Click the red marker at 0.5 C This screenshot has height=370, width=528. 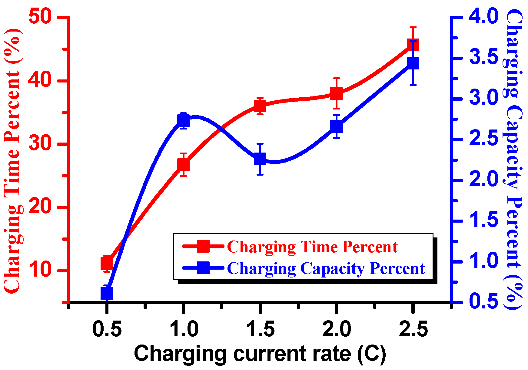(x=107, y=264)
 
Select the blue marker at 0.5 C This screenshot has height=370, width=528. (x=107, y=293)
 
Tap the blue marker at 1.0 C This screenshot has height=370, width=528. (x=183, y=121)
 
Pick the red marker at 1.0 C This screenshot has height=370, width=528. (x=183, y=165)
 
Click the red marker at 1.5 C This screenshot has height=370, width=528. (x=260, y=106)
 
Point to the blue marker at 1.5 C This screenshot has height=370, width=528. (x=260, y=159)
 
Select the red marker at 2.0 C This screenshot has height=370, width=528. (x=337, y=93)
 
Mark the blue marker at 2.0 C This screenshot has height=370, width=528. (x=337, y=126)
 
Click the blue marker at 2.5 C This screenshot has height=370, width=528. (x=413, y=63)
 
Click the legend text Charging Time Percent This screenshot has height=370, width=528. (x=312, y=247)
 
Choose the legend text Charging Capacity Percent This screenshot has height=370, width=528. (x=326, y=268)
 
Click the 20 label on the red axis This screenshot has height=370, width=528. (x=40, y=207)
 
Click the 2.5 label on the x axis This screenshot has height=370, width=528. (x=413, y=329)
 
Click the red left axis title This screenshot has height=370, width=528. (x=12, y=161)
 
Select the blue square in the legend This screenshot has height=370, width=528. (x=203, y=268)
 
